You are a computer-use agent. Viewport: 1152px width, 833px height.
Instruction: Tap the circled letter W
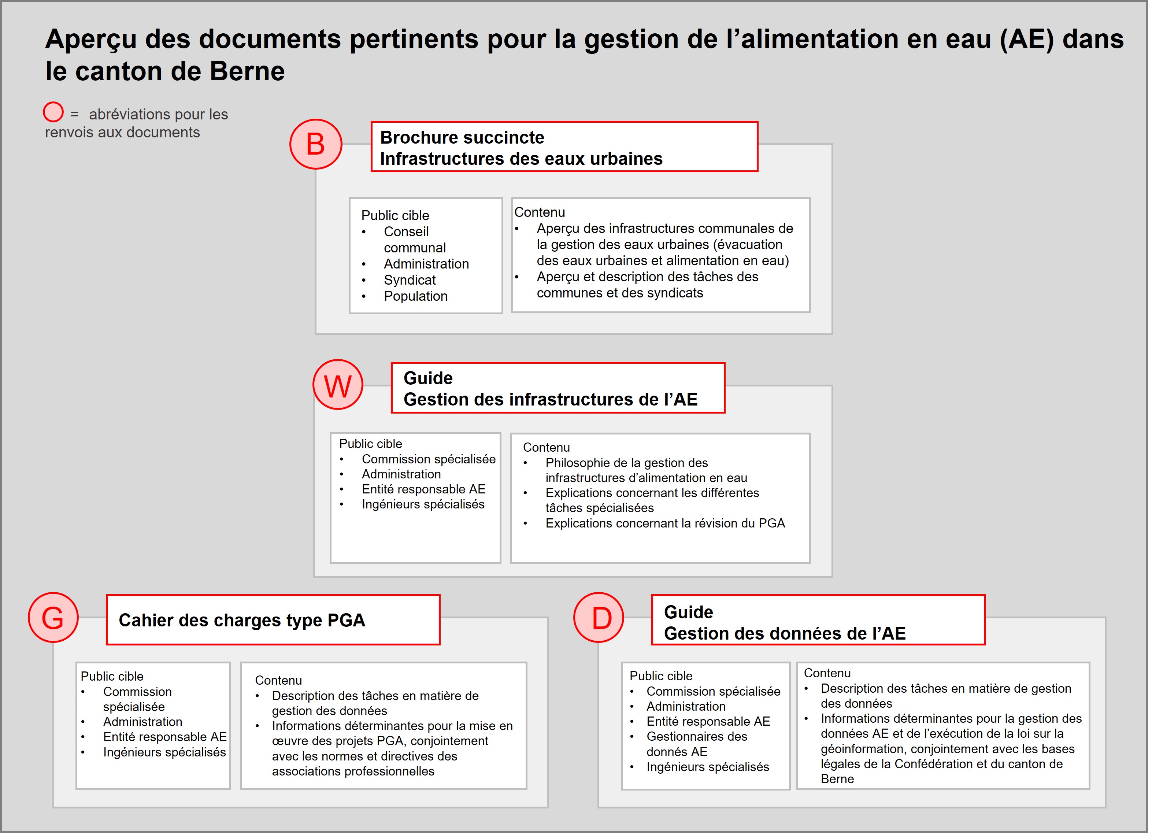338,385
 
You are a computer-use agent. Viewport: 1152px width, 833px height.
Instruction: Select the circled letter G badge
53,618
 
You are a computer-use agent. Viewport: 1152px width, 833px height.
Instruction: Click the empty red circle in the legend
53,112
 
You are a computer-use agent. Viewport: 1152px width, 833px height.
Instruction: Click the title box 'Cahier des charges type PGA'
273,620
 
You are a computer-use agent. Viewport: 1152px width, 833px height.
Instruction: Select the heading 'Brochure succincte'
462,138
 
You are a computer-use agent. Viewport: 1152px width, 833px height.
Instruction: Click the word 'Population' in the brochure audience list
415,296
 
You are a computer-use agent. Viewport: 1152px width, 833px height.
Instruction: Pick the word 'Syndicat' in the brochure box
410,280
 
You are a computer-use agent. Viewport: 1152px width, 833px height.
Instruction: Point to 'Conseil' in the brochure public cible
406,232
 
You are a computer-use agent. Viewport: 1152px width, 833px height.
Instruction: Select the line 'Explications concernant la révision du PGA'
665,523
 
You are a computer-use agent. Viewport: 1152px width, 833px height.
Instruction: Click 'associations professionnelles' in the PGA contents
353,771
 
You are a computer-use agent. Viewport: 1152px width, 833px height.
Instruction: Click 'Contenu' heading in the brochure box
540,212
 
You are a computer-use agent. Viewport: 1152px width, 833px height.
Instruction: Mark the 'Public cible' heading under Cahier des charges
112,677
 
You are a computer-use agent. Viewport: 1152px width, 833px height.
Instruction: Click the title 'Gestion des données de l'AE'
785,633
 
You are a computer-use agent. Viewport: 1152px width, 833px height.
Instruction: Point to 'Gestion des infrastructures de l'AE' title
551,399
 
